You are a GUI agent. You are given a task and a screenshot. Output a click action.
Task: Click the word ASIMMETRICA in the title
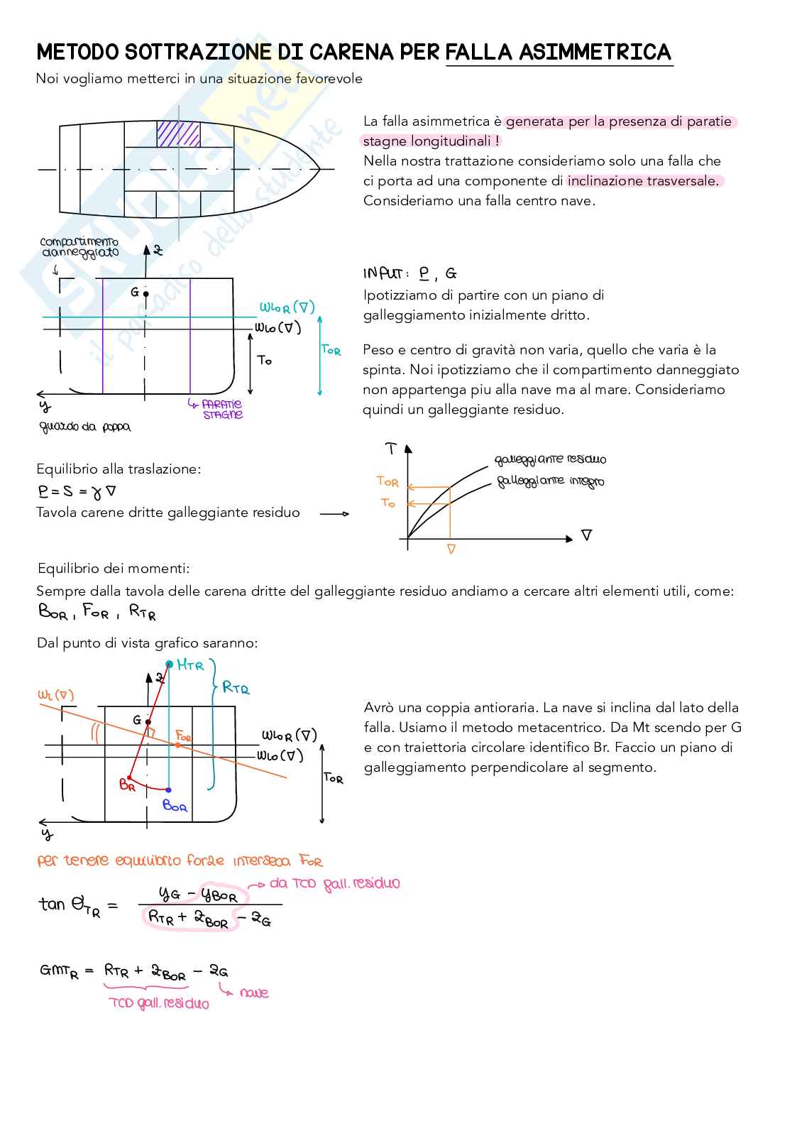595,52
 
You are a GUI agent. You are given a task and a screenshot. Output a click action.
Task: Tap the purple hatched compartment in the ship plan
178,133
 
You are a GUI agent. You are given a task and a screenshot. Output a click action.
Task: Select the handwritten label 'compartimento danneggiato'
79,247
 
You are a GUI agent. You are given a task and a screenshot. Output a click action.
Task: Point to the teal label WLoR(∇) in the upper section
287,307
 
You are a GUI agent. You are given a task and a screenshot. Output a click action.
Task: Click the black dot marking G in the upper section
145,293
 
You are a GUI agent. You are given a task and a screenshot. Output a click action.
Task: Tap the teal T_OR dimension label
331,350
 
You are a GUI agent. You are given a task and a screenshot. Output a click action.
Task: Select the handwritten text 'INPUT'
383,273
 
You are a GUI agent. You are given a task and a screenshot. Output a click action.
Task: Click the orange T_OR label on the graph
387,481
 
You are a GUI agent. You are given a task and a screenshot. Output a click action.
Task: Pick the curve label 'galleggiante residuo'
551,459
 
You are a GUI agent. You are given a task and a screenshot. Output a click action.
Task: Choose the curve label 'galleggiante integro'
551,481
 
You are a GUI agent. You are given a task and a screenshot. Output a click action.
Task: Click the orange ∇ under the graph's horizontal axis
451,549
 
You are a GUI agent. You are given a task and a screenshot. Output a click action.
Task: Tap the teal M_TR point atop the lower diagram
169,665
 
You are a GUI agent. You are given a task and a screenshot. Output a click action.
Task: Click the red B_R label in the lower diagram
127,785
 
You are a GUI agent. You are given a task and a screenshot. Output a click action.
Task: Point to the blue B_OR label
175,806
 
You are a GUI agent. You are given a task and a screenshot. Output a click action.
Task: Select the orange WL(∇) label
56,695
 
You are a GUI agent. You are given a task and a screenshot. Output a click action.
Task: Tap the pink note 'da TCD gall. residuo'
334,884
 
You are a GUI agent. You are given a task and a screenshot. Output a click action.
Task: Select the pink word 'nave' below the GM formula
254,993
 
